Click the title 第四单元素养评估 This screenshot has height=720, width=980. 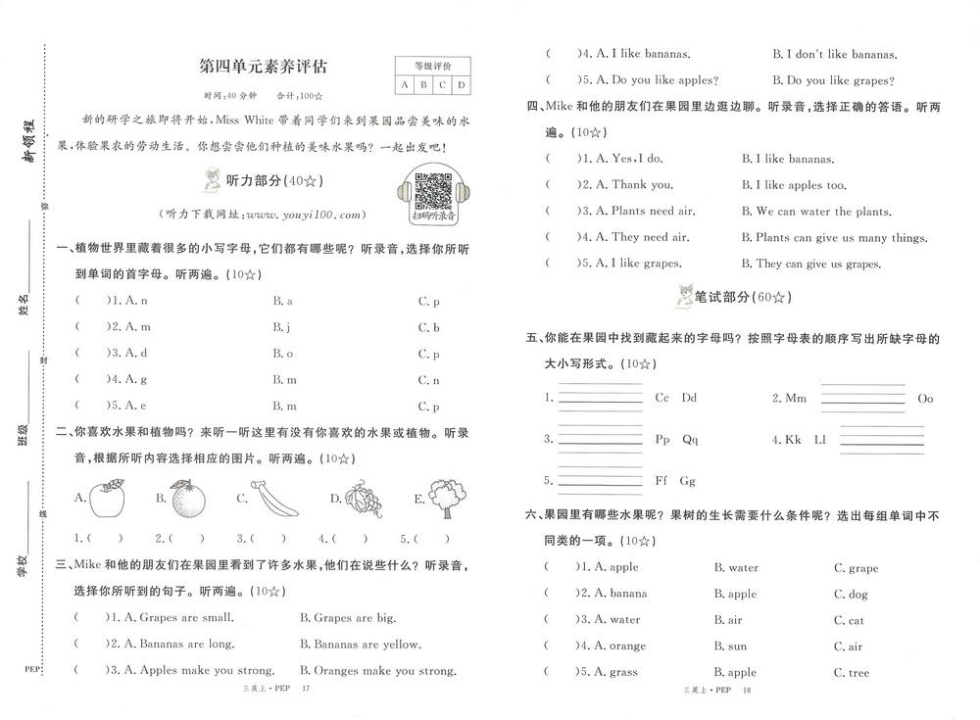pyautogui.click(x=263, y=67)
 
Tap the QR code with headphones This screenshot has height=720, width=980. pyautogui.click(x=431, y=192)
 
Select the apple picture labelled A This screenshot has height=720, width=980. pyautogui.click(x=106, y=499)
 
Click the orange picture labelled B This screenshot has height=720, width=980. pyautogui.click(x=186, y=499)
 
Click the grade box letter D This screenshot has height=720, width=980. pyautogui.click(x=461, y=86)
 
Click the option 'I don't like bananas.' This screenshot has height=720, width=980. pyautogui.click(x=835, y=55)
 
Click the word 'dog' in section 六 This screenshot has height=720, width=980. pyautogui.click(x=851, y=594)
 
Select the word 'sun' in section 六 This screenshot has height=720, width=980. pyautogui.click(x=730, y=647)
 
